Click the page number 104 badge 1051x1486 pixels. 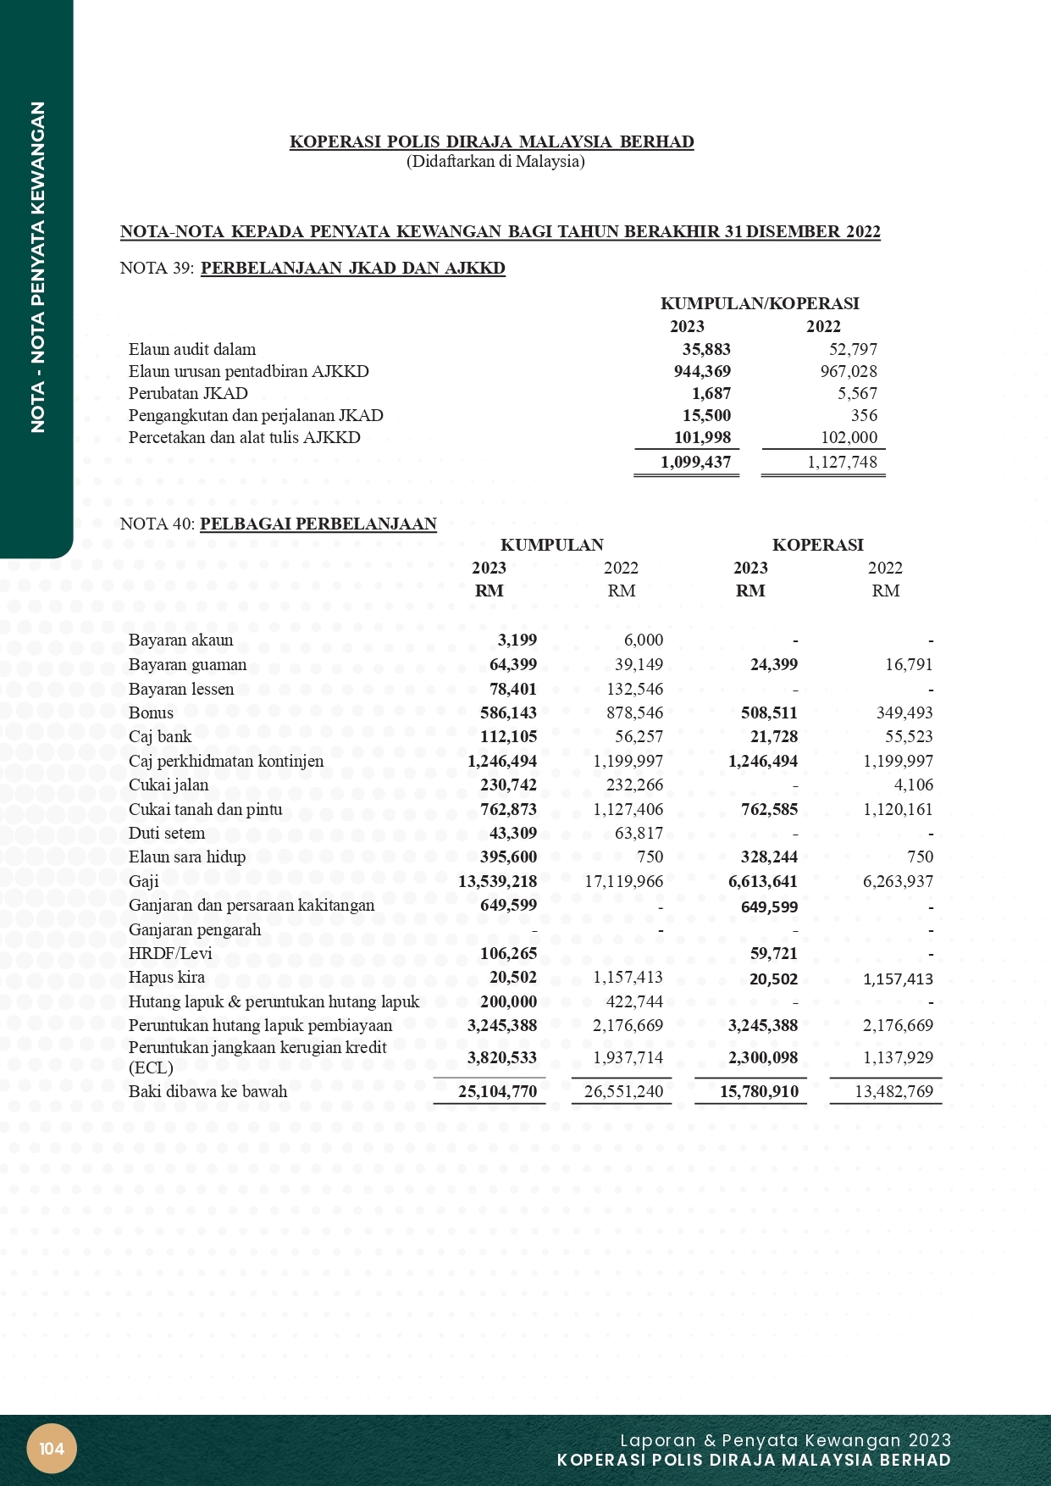coord(52,1448)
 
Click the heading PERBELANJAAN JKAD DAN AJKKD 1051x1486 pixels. coord(352,269)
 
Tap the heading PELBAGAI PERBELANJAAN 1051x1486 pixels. coord(318,524)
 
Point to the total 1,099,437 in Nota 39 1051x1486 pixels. coord(695,462)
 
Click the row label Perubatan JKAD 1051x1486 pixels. coord(188,393)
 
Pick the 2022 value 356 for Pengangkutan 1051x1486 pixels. coord(864,415)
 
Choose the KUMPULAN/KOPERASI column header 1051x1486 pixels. coord(760,303)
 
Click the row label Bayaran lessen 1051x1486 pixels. coord(181,689)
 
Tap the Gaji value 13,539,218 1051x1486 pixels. coord(497,881)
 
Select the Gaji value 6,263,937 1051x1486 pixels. coord(898,881)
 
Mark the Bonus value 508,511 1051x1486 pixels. coord(769,713)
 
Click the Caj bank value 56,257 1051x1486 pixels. coord(634,736)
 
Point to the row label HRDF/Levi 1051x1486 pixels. coord(170,953)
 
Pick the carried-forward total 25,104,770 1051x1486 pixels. coord(497,1091)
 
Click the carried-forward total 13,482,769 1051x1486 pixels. coord(893,1091)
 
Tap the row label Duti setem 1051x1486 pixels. coord(167,833)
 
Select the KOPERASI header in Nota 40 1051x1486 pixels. coord(817,545)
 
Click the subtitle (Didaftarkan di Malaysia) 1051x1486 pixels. coord(495,161)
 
